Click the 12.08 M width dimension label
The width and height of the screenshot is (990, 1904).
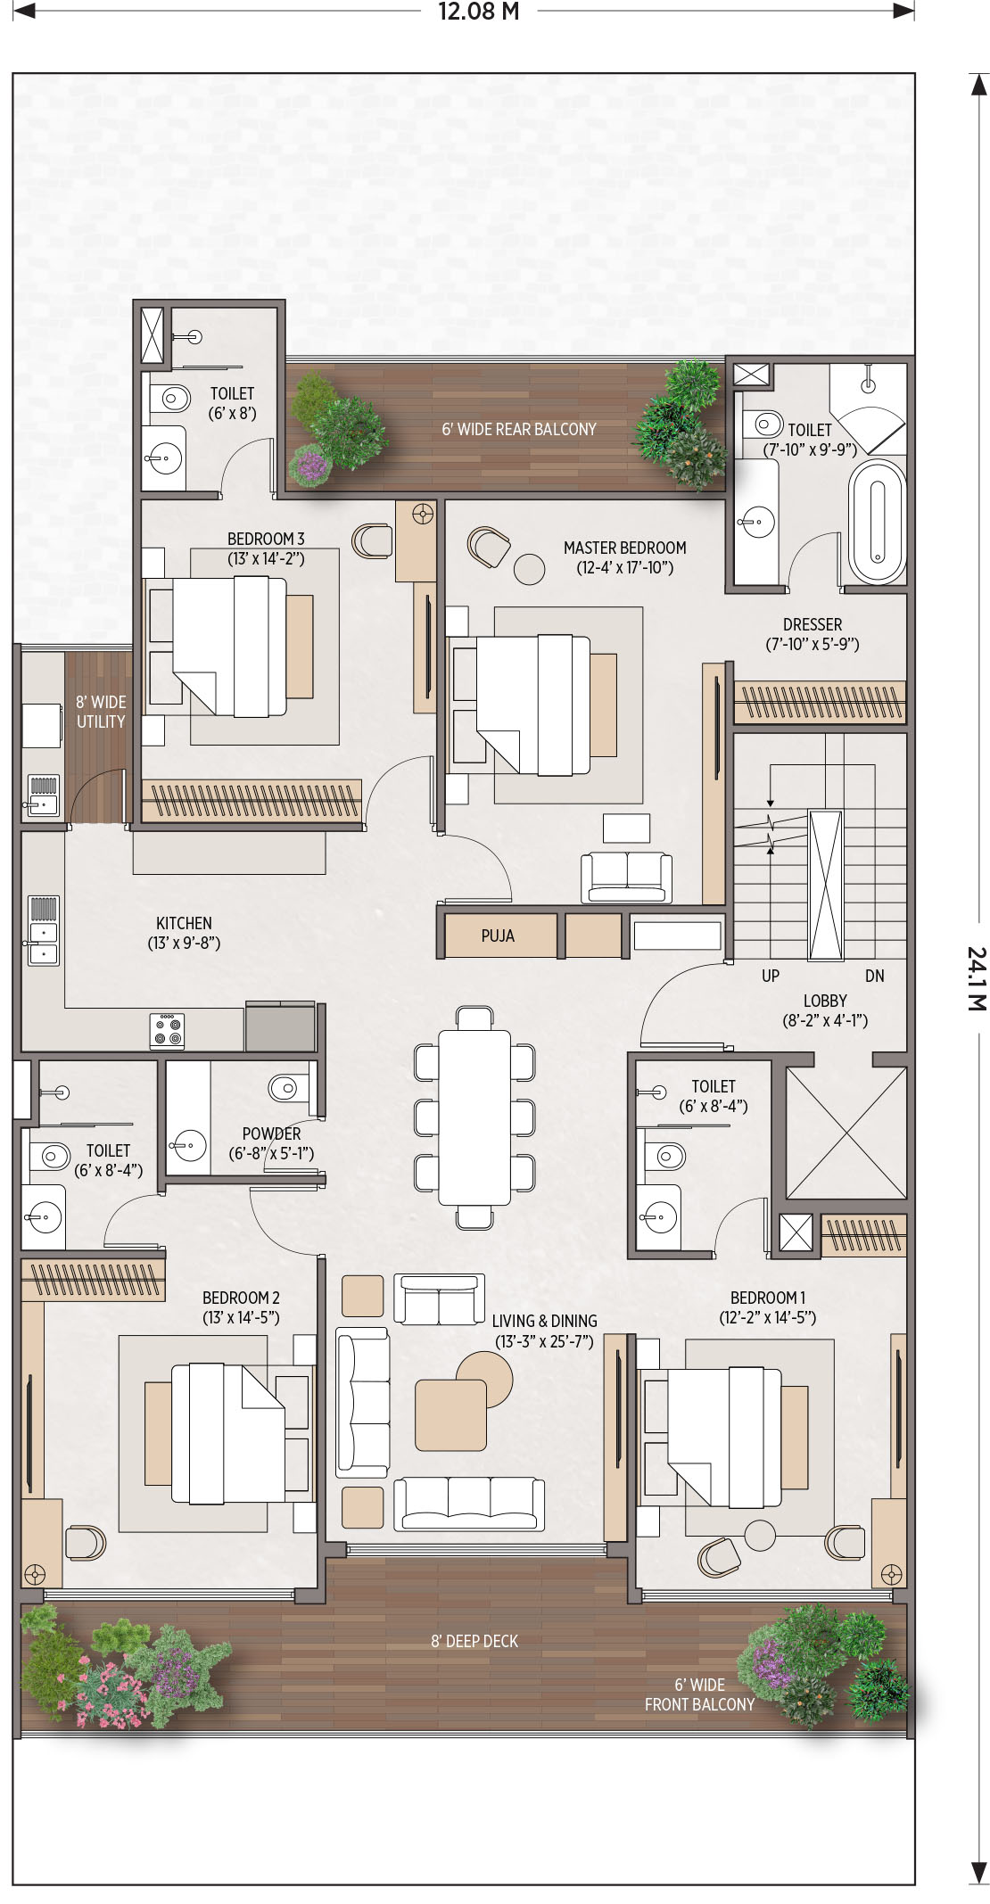(x=478, y=12)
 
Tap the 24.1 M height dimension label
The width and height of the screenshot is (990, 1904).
(x=977, y=978)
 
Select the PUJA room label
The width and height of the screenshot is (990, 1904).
(x=498, y=936)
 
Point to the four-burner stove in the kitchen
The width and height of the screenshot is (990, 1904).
(x=167, y=1031)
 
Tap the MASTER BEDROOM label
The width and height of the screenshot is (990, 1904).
(x=624, y=548)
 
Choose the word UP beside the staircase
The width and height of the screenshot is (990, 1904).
(x=771, y=976)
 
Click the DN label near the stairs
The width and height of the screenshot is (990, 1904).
(x=874, y=976)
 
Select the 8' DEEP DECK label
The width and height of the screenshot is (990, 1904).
(x=474, y=1641)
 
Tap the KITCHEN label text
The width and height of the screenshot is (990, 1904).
(x=184, y=923)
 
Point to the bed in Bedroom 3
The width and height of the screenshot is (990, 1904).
(x=230, y=647)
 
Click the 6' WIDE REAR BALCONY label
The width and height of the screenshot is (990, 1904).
(x=519, y=429)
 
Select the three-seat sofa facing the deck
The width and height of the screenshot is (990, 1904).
(x=469, y=1504)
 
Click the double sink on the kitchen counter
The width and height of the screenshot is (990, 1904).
(x=43, y=931)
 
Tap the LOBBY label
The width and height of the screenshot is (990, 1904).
(x=825, y=1001)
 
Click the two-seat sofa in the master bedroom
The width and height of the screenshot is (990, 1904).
(x=626, y=878)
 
